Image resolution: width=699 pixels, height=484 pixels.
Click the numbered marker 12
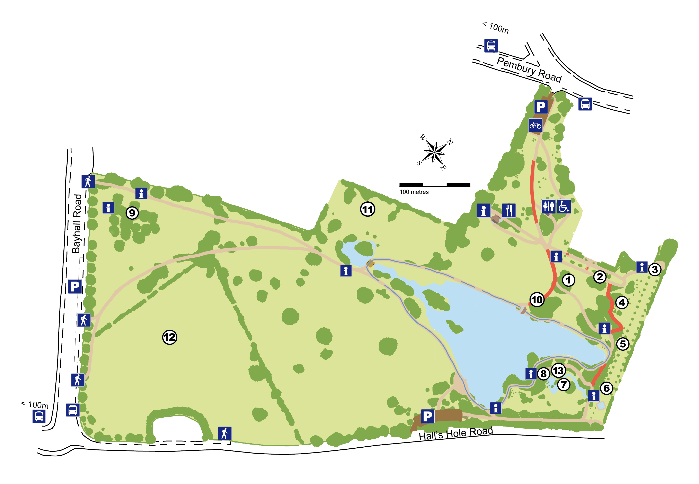click(x=170, y=337)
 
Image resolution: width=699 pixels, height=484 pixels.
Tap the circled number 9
click(x=132, y=213)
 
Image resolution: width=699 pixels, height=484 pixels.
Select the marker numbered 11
click(x=367, y=209)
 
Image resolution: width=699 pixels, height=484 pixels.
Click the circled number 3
click(x=655, y=269)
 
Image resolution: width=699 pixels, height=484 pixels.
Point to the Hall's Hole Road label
click(x=456, y=433)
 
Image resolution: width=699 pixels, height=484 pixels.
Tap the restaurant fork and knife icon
click(x=509, y=210)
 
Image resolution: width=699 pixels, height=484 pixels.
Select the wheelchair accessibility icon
click(x=564, y=207)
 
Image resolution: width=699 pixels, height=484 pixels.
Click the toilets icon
click(x=548, y=207)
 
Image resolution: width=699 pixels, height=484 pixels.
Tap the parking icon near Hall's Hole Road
click(x=427, y=416)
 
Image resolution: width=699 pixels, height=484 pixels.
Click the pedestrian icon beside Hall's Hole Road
click(x=224, y=433)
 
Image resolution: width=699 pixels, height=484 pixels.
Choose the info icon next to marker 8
click(x=531, y=374)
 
